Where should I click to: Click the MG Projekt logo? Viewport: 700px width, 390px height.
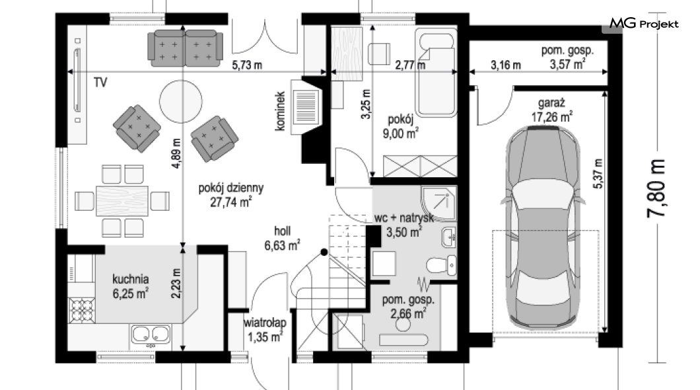644,23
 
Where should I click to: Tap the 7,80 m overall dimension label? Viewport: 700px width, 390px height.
656,188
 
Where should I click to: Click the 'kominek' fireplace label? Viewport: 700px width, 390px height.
280,111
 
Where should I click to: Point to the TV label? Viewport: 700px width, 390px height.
100,83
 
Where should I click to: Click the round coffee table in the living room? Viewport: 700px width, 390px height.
181,101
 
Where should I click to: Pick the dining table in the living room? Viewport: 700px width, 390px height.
122,201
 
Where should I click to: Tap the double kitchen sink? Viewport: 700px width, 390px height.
151,335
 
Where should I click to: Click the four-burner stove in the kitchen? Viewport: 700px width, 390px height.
82,309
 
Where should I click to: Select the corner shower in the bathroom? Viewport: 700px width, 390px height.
438,204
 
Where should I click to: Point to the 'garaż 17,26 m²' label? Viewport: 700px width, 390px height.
552,110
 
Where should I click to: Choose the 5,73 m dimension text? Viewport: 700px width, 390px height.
247,65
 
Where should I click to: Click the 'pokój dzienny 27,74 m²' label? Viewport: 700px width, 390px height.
231,195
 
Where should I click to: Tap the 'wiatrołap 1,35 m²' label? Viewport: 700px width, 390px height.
265,330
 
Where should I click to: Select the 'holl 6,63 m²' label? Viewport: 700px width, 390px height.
282,238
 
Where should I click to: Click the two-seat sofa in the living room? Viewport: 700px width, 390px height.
185,48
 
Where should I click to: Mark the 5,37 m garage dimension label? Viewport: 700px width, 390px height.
598,174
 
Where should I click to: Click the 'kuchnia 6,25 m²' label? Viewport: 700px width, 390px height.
130,286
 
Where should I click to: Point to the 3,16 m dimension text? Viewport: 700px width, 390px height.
506,65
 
